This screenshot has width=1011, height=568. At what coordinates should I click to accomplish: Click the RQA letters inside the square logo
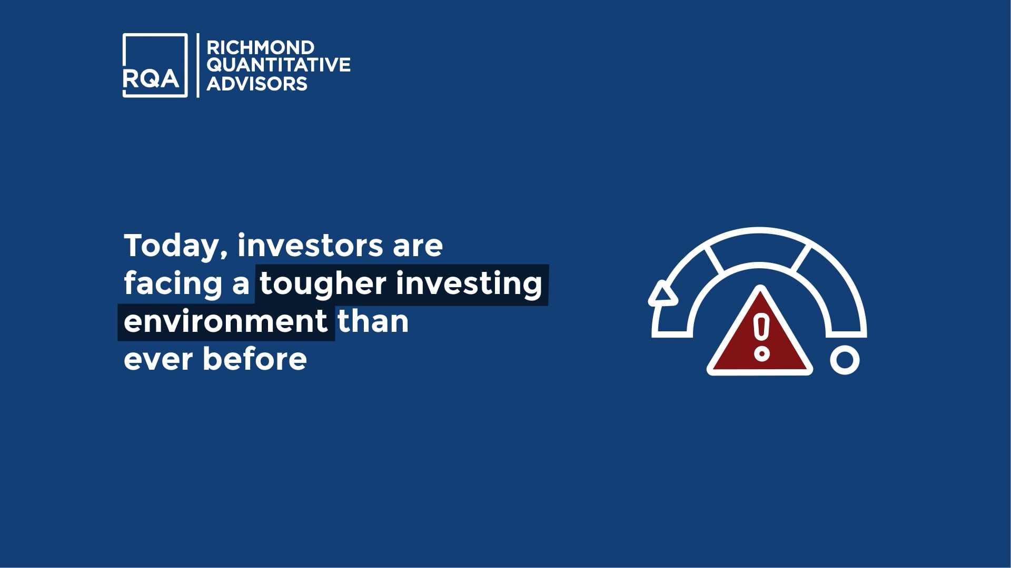pos(151,79)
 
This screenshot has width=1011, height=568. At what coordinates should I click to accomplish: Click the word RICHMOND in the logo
pos(260,48)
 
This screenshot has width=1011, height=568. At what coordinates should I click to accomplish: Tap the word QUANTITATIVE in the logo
pos(278,65)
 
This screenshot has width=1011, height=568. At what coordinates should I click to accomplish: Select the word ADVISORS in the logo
pos(256,83)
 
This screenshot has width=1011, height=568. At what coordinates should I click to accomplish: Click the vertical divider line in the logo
pos(198,65)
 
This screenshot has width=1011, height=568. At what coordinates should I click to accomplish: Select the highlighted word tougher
pos(323,284)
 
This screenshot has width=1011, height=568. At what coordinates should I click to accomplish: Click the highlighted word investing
pos(468,284)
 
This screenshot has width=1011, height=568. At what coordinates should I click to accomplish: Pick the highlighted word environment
pos(226,321)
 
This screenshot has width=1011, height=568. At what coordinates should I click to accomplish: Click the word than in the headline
pos(373,321)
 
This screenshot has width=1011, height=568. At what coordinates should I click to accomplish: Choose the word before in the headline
pos(254,359)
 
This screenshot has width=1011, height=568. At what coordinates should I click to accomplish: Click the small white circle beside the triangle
pos(845,360)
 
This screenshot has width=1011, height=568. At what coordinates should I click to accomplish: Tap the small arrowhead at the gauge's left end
pos(663,294)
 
